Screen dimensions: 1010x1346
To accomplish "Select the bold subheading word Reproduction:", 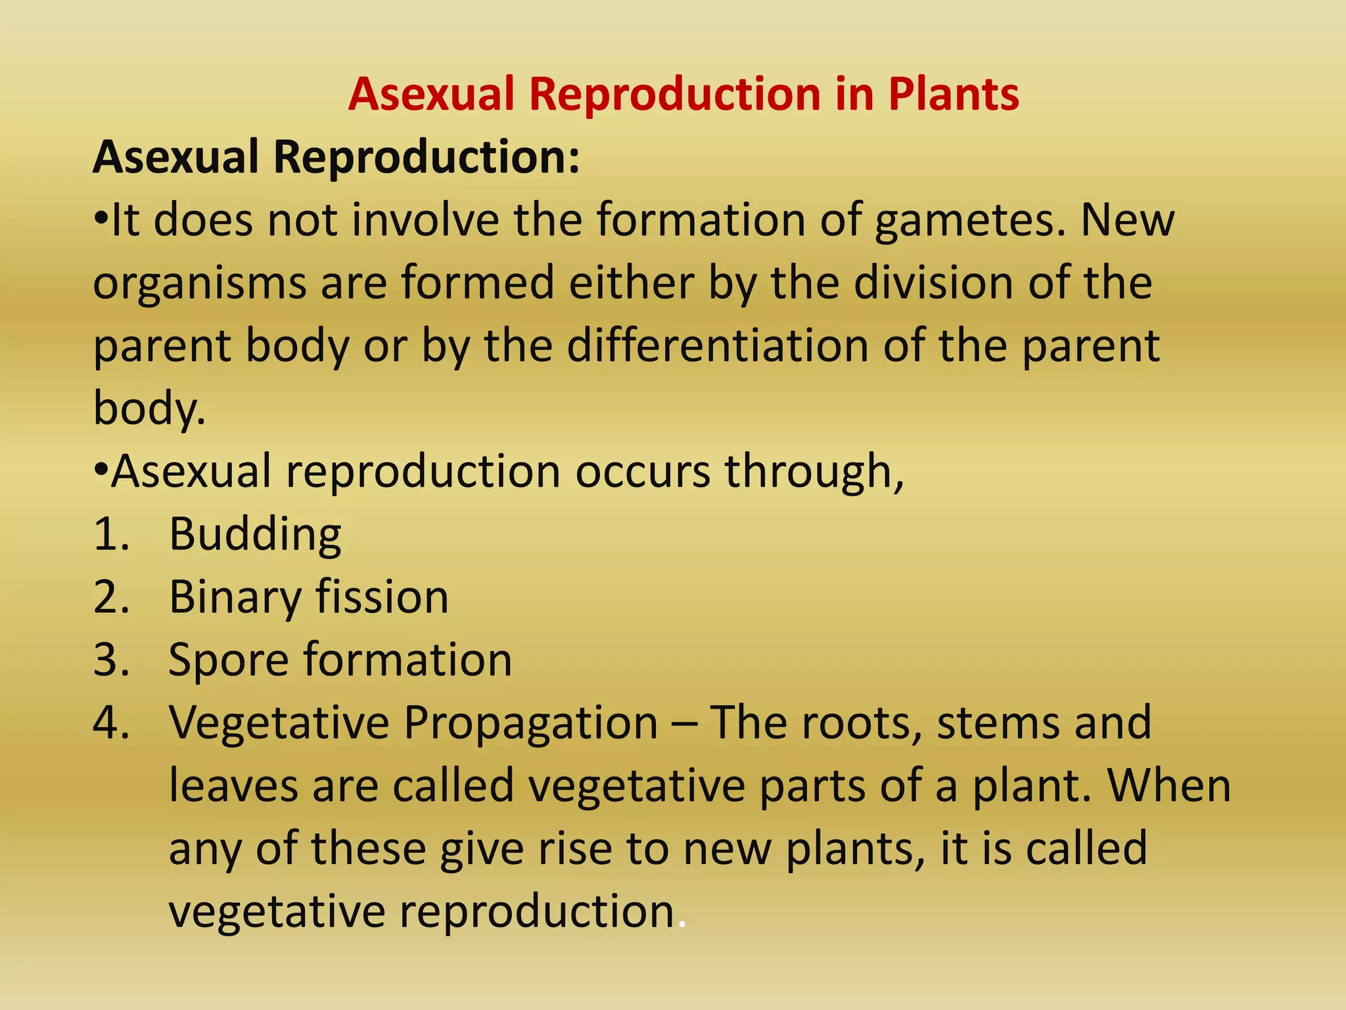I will click(427, 158).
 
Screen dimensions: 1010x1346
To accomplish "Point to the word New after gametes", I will click(1127, 221).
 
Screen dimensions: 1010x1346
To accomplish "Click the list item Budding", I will click(255, 534).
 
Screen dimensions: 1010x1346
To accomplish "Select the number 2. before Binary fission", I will click(111, 597).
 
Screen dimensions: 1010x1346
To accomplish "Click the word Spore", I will click(228, 660).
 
